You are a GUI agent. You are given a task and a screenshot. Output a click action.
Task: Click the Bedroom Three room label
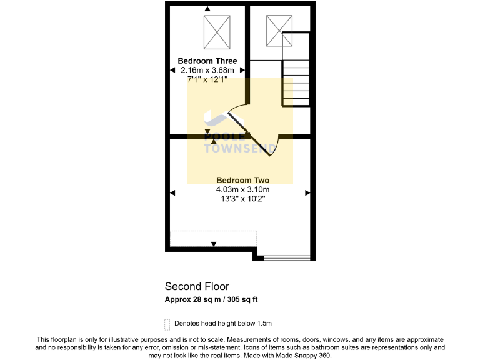pos(207,61)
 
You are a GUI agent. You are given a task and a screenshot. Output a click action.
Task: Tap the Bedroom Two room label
pos(242,180)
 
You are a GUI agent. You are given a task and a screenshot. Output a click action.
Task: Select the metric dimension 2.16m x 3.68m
pos(207,71)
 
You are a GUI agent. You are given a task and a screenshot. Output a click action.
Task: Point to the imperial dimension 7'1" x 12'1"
pos(207,80)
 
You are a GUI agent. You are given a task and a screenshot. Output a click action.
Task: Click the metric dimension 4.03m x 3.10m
pos(242,189)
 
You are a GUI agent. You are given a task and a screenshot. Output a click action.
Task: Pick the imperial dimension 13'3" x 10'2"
pos(242,199)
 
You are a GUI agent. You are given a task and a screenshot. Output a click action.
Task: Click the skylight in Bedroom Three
pos(217,31)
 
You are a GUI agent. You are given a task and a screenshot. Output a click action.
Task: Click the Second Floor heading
pos(197,287)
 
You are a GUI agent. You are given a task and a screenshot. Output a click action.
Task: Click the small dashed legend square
pos(167,324)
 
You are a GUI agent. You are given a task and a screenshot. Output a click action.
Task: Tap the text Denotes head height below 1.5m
pos(223,324)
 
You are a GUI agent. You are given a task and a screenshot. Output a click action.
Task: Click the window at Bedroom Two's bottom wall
pos(286,257)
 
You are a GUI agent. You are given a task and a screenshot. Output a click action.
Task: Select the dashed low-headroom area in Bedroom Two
pos(214,238)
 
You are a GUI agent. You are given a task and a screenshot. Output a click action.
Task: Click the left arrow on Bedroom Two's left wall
pos(172,194)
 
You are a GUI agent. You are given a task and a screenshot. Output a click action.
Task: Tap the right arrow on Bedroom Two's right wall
pos(307,194)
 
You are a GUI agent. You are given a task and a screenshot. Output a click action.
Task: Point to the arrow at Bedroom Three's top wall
pos(207,9)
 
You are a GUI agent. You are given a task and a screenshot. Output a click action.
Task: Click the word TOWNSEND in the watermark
pos(241,149)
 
